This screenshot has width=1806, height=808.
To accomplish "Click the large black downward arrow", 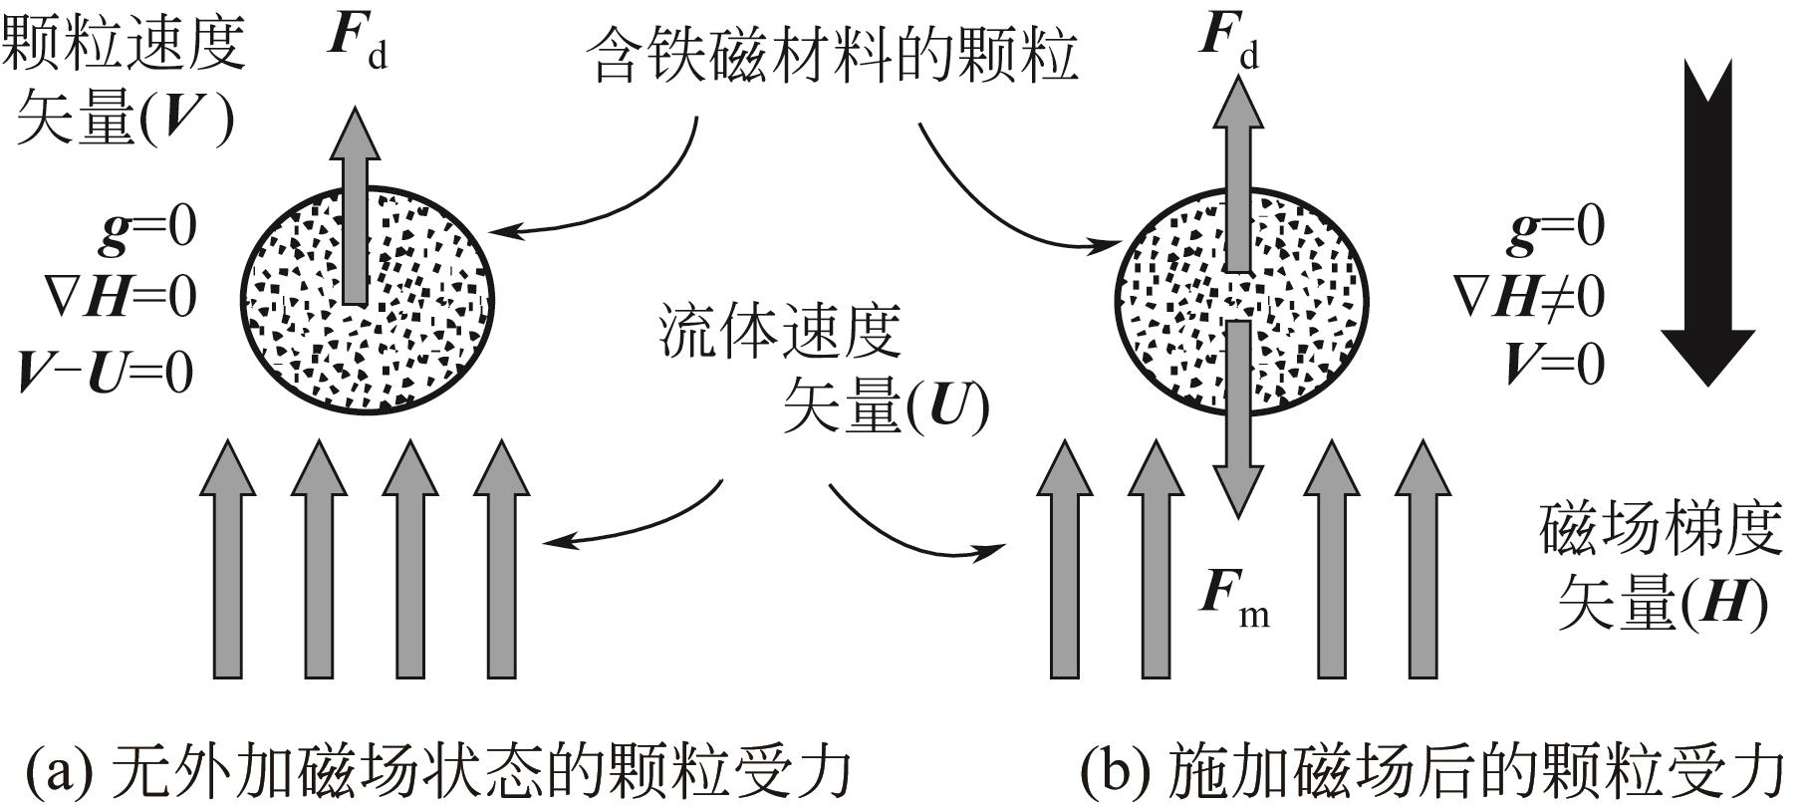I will coord(1708,229).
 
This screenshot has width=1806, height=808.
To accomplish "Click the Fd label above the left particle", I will coord(357,43).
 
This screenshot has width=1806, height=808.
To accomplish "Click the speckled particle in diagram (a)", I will coord(372,299).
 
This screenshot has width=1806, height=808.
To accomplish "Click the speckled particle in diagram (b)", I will coord(1240,299).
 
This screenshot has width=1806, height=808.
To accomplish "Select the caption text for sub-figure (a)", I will coord(438,769).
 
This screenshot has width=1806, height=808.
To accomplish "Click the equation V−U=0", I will coord(107,372).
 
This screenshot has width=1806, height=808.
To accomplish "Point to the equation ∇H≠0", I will coord(1530,296).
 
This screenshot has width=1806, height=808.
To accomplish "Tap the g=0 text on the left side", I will coord(147,226).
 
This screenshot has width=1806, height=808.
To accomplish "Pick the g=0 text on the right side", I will coord(1556,226).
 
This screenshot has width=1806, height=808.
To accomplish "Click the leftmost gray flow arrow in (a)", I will coord(228,558).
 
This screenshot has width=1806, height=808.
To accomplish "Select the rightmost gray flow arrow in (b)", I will coord(1422,558).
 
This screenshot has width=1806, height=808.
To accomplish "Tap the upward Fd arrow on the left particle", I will coord(356,199).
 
